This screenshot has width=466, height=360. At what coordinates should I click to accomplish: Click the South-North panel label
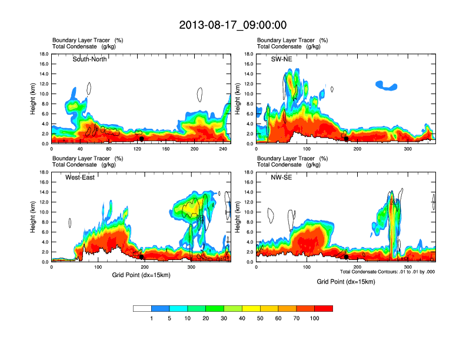click(89, 59)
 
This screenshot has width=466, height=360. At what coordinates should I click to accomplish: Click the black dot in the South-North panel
click(141, 138)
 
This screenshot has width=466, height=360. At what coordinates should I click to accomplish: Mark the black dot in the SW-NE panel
click(346, 139)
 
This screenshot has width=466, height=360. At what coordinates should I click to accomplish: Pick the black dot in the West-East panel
click(141, 256)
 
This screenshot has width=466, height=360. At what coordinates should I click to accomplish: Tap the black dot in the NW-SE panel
click(346, 256)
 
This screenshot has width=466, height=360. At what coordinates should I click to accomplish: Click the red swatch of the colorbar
click(324, 308)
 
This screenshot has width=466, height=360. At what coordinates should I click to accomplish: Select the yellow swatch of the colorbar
click(251, 308)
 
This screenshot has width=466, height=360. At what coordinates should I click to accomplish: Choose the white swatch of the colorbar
click(142, 308)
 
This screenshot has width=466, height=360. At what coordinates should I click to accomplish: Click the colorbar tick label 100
click(315, 318)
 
